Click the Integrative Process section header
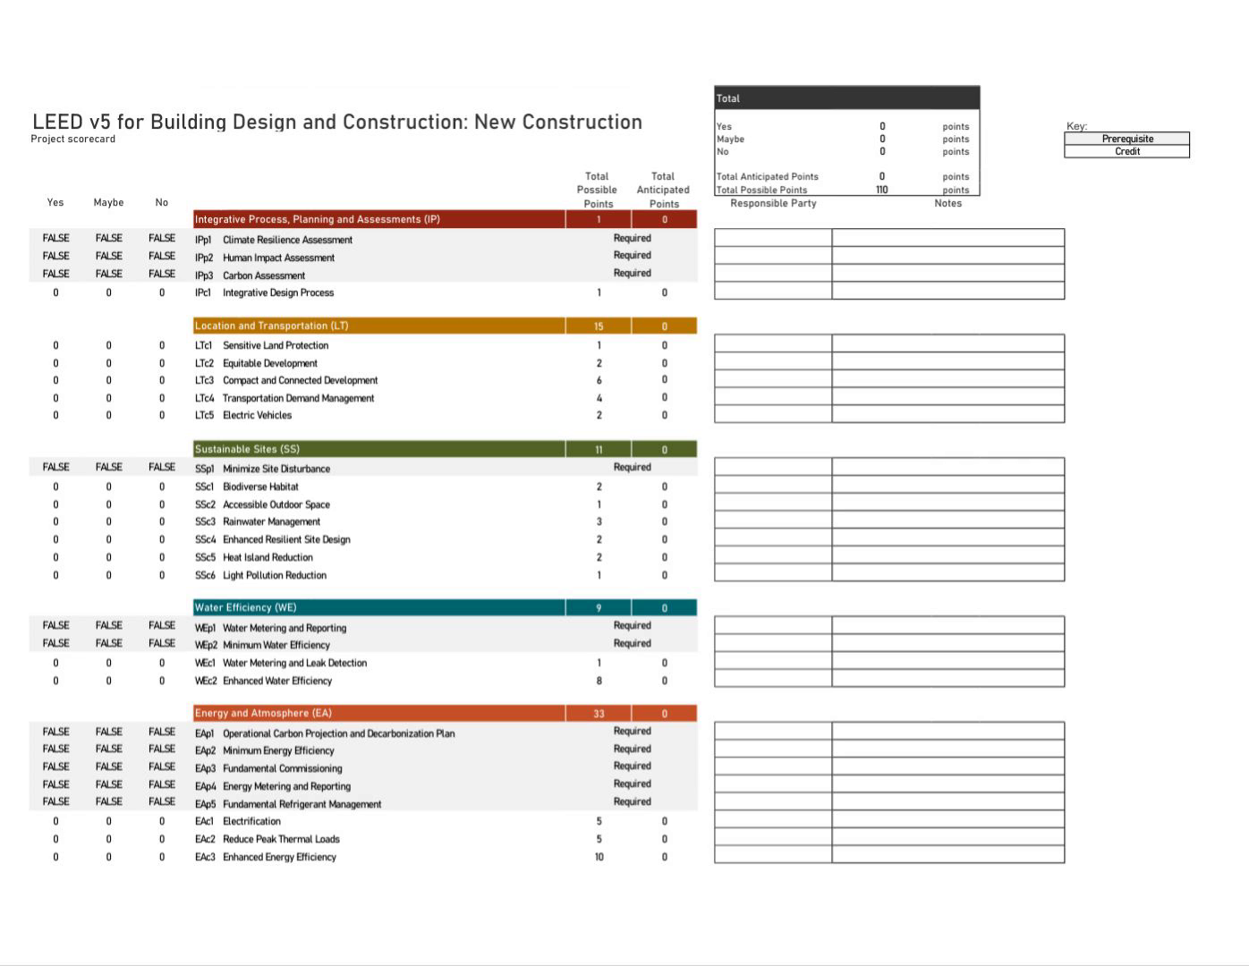[x=317, y=219]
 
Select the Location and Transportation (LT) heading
[x=271, y=326]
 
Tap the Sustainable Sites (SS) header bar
[x=247, y=449]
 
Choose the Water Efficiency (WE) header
[x=245, y=607]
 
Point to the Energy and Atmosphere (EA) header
[x=263, y=713]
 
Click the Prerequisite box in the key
[x=1127, y=139]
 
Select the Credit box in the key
[x=1127, y=151]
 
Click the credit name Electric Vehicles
[x=257, y=415]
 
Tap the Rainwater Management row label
[x=271, y=521]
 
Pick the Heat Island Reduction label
[x=268, y=557]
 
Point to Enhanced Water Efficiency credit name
[x=276, y=681]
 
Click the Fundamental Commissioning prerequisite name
[x=282, y=768]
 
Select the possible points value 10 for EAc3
[x=599, y=857]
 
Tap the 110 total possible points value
[x=881, y=190]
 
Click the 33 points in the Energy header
[x=599, y=714]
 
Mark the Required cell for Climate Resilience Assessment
[x=632, y=238]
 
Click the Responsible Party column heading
[x=773, y=203]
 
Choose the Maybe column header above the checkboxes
[x=108, y=202]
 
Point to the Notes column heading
[x=947, y=203]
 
